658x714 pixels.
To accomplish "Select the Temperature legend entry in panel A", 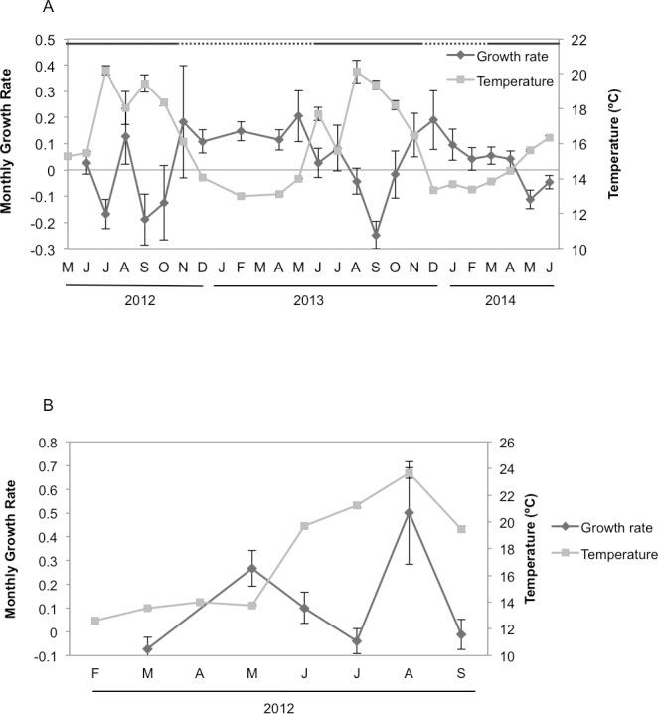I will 515,82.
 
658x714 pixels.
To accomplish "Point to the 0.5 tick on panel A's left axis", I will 45,40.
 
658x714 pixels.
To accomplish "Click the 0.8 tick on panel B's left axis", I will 45,441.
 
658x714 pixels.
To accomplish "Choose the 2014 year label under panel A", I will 499,298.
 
